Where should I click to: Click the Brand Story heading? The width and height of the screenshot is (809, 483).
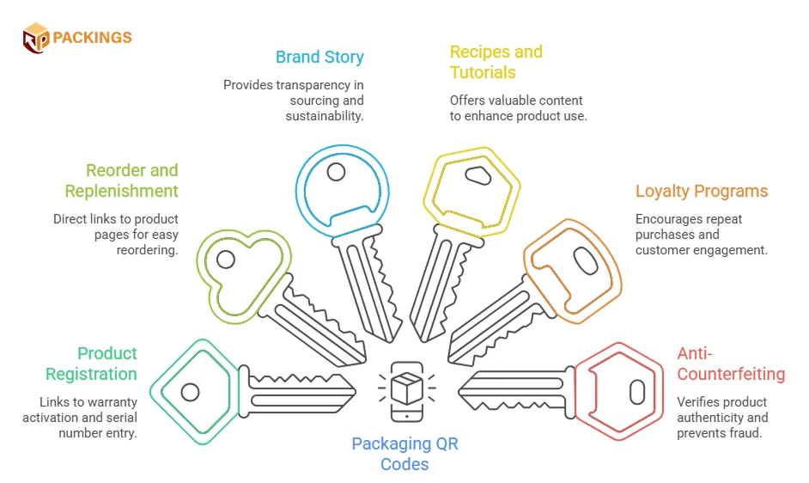pos(319,58)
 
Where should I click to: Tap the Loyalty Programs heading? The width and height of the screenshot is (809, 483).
pos(702,192)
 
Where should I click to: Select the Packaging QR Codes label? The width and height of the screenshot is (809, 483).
pos(405,454)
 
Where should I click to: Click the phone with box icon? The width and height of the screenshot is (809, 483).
pos(407,391)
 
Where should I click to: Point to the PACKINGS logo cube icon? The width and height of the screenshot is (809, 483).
pos(35,38)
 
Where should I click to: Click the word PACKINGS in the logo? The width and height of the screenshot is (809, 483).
pos(93,37)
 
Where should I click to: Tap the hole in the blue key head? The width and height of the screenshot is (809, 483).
pos(336,172)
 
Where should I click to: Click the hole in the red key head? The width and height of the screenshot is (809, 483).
pos(637,392)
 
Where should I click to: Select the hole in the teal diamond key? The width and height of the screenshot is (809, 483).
pos(190,393)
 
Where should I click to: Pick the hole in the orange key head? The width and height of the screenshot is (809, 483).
pos(586,261)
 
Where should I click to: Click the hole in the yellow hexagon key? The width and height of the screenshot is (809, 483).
pos(477,175)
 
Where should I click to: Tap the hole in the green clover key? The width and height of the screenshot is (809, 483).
pos(226,260)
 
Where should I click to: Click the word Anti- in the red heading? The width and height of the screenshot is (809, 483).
pos(695,353)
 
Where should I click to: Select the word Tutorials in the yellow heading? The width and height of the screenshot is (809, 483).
pos(483,73)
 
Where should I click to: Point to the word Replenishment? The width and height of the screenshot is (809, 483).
pos(122,192)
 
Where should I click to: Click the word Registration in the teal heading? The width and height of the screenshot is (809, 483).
pos(91,374)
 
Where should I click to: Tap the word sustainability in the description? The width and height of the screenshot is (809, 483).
pos(325,116)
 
